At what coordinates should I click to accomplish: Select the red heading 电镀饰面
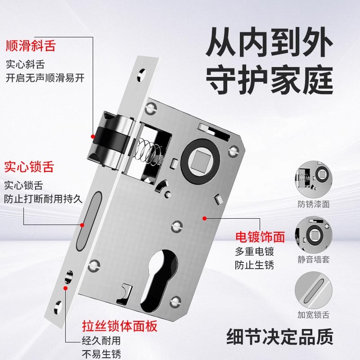click(261, 236)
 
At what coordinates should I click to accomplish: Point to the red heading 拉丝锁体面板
click(120, 325)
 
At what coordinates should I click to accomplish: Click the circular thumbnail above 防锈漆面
click(314, 177)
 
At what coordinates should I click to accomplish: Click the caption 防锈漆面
click(314, 204)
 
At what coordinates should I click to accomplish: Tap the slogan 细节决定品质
click(279, 336)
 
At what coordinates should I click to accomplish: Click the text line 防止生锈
click(254, 265)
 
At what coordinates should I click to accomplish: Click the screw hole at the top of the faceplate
click(143, 72)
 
